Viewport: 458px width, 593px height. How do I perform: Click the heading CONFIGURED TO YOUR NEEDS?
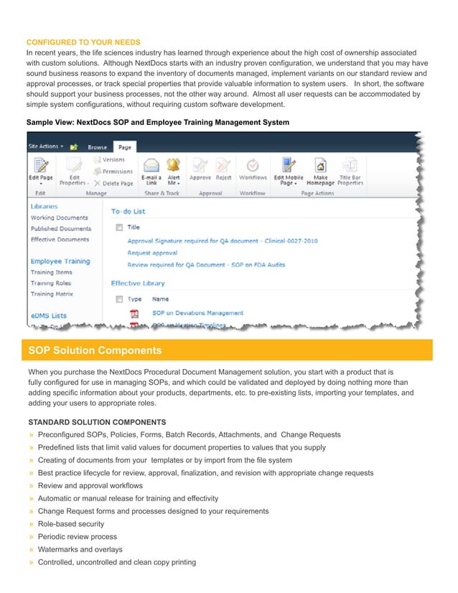83,42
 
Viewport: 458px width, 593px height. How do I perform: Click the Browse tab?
97,147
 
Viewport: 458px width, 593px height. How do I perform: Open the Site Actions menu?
46,146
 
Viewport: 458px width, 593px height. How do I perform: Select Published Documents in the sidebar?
60,228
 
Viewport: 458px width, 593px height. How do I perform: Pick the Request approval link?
153,253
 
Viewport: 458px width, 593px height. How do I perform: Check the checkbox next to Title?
119,227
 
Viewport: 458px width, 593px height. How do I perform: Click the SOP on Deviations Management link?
197,313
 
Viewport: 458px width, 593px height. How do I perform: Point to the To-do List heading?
128,211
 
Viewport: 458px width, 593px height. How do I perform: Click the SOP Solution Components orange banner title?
95,350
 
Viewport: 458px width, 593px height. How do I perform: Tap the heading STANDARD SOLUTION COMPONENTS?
97,422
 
